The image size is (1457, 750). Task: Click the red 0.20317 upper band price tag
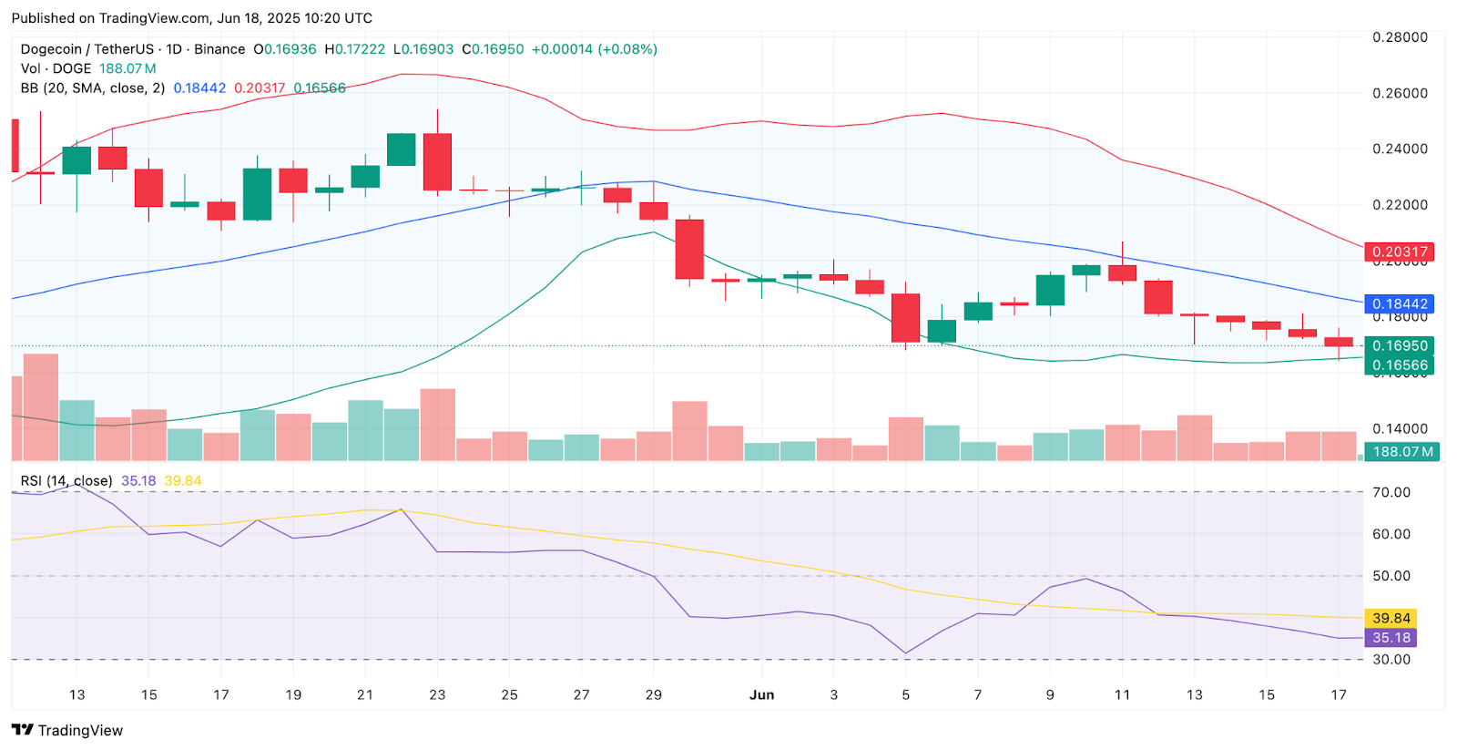click(1399, 252)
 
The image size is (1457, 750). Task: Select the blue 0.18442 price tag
click(1399, 304)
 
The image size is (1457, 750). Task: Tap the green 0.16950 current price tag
click(1399, 345)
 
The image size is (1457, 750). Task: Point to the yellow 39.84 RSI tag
click(1391, 618)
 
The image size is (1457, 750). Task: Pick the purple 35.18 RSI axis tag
click(1391, 638)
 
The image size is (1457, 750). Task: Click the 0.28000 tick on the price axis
click(1400, 37)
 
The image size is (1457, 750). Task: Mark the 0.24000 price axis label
click(1400, 149)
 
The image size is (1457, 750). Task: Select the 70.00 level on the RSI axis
click(1391, 492)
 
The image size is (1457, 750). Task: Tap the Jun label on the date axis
click(761, 694)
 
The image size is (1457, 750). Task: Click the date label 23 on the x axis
click(437, 694)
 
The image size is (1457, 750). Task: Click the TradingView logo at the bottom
click(67, 730)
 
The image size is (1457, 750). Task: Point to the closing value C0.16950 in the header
click(493, 49)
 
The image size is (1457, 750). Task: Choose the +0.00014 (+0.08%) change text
click(594, 49)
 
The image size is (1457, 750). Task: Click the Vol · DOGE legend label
click(56, 68)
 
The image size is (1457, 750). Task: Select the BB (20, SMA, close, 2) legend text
click(93, 88)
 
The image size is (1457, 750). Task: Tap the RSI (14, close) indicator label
click(66, 480)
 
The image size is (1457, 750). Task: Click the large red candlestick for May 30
click(689, 249)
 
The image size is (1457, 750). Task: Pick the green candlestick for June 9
click(1050, 290)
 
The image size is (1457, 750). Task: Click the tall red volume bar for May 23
click(438, 424)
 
